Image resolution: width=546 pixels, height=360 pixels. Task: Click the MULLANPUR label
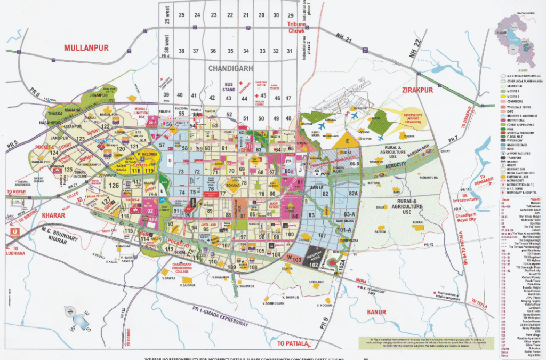click(86, 48)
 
